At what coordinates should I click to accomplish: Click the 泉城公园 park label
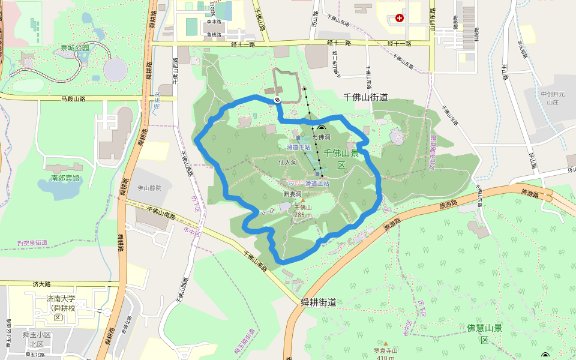(x=74, y=47)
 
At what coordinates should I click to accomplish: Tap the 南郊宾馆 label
(x=65, y=178)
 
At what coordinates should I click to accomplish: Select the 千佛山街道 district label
(x=365, y=97)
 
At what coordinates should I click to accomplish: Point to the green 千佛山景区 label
(x=341, y=158)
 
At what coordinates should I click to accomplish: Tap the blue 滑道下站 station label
(x=298, y=147)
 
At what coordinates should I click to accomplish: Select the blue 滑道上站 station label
(x=317, y=183)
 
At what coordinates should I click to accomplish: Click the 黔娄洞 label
(x=292, y=194)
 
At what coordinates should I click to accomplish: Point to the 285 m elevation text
(x=303, y=214)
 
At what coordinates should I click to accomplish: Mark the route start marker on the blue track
(x=277, y=100)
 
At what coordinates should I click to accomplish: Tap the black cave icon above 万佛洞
(x=321, y=128)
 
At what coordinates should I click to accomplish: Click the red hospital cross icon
(x=400, y=18)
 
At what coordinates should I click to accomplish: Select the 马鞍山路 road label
(x=74, y=98)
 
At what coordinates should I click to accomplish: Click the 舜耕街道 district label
(x=318, y=303)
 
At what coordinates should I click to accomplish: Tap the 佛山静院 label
(x=150, y=188)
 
